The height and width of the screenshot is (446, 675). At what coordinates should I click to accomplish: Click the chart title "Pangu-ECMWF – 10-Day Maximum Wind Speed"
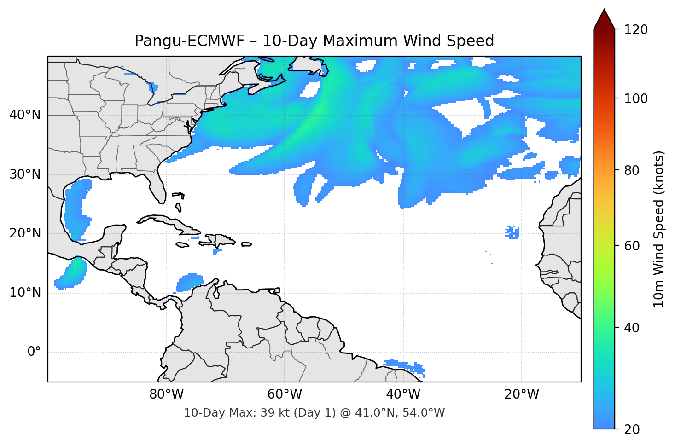pyautogui.click(x=314, y=41)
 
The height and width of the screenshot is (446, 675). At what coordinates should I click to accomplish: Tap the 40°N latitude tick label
pyautogui.click(x=25, y=115)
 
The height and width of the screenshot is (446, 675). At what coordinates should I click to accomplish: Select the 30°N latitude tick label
pyautogui.click(x=25, y=174)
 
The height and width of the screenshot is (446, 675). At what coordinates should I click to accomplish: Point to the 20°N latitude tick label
pyautogui.click(x=25, y=233)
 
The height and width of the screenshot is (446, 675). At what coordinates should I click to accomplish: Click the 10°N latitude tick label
pyautogui.click(x=25, y=293)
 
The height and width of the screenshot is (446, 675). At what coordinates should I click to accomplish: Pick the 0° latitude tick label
pyautogui.click(x=34, y=352)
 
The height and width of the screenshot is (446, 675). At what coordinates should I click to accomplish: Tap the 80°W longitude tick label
pyautogui.click(x=166, y=394)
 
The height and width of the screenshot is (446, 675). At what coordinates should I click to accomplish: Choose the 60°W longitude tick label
pyautogui.click(x=285, y=394)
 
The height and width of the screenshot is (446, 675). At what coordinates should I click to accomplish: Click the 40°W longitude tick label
pyautogui.click(x=403, y=394)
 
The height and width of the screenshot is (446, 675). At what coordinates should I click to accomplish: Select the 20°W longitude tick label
pyautogui.click(x=521, y=394)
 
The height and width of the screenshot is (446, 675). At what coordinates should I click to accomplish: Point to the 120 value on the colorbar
pyautogui.click(x=636, y=30)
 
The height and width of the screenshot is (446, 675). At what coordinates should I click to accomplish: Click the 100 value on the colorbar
pyautogui.click(x=636, y=98)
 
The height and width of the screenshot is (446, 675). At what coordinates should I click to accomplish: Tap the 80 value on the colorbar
pyautogui.click(x=632, y=170)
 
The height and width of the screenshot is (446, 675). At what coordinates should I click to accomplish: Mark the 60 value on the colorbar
pyautogui.click(x=632, y=246)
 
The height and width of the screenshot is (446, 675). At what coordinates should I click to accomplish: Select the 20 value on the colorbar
pyautogui.click(x=632, y=429)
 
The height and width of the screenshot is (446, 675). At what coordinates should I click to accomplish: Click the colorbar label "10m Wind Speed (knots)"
pyautogui.click(x=659, y=229)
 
